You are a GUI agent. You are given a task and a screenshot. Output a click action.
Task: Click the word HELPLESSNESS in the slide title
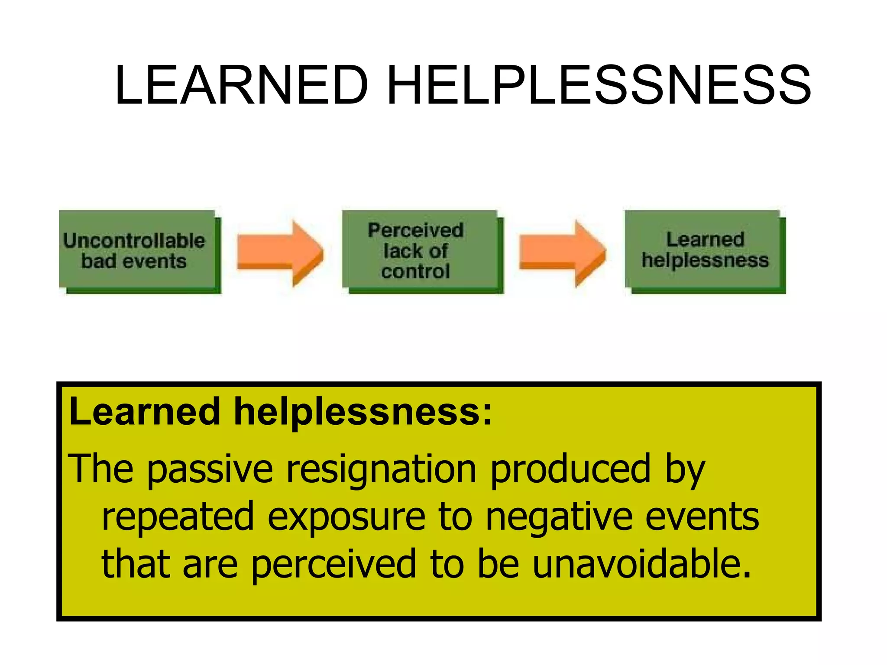click(599, 85)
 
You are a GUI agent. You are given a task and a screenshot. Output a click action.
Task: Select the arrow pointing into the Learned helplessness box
click(562, 253)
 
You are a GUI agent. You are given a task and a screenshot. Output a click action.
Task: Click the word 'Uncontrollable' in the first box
click(134, 240)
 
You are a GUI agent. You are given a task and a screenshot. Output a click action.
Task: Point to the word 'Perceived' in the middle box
click(416, 230)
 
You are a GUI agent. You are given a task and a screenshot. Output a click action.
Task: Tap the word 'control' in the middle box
click(416, 271)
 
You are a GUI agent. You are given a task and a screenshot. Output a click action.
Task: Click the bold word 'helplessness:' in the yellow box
click(363, 411)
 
